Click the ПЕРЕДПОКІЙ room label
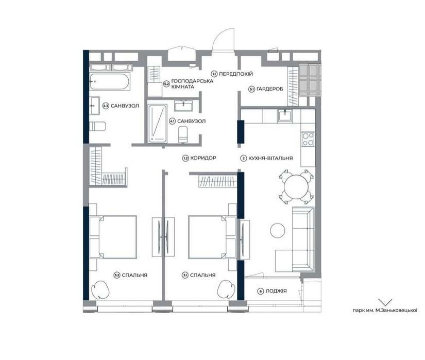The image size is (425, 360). pyautogui.click(x=236, y=74)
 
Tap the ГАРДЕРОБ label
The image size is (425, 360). pyautogui.click(x=270, y=89)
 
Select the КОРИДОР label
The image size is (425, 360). pyautogui.click(x=203, y=158)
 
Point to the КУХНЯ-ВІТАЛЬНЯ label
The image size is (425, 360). pyautogui.click(x=270, y=158)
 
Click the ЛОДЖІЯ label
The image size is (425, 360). pyautogui.click(x=276, y=291)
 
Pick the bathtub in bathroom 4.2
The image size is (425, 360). pyautogui.click(x=110, y=81)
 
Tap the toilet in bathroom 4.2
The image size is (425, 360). pyautogui.click(x=97, y=126)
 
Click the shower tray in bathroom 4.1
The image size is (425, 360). pyautogui.click(x=157, y=124)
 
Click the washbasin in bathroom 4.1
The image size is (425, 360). pyautogui.click(x=183, y=106)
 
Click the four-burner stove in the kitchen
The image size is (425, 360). pyautogui.click(x=308, y=139)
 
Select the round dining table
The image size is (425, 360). pyautogui.click(x=296, y=187)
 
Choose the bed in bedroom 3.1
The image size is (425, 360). pyautogui.click(x=212, y=237)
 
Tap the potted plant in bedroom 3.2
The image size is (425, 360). pyautogui.click(x=100, y=289)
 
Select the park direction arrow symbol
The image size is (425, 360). pyautogui.click(x=385, y=302)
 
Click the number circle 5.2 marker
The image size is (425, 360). pyautogui.click(x=166, y=84)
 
